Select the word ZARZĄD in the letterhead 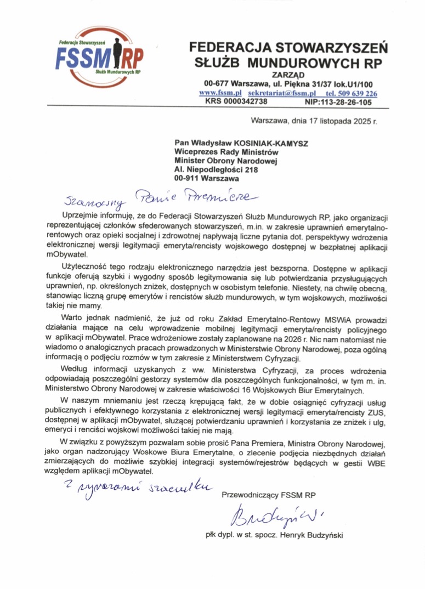coord(288,75)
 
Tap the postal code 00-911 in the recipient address coord(186,178)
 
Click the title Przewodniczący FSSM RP coord(269,495)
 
